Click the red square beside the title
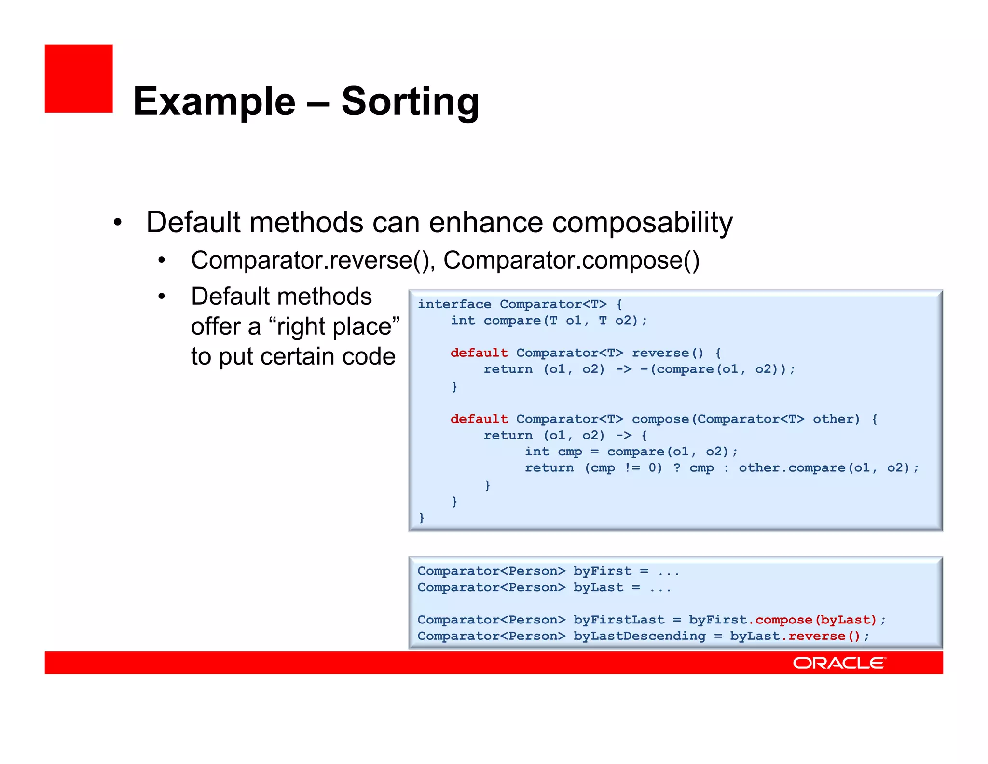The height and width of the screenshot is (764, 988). tap(79, 79)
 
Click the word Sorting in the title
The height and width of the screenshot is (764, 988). tap(410, 102)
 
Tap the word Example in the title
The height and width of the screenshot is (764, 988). tap(214, 102)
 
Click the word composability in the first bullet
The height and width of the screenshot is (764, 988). tap(642, 223)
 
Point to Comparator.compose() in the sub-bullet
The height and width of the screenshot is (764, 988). tap(571, 261)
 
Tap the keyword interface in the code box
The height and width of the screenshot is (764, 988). tap(454, 304)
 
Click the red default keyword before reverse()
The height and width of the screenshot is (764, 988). tap(479, 353)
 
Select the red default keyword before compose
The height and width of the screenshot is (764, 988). tap(479, 419)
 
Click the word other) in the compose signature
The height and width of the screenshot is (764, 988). tap(836, 419)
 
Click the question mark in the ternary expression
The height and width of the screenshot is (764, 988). tap(677, 468)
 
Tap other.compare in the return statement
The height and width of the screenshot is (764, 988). tap(792, 468)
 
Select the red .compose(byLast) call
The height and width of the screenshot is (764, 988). tap(815, 620)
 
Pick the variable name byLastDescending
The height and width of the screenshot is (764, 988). tap(639, 637)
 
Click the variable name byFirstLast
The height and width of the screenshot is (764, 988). tap(619, 620)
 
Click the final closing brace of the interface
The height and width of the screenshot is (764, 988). tap(422, 518)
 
